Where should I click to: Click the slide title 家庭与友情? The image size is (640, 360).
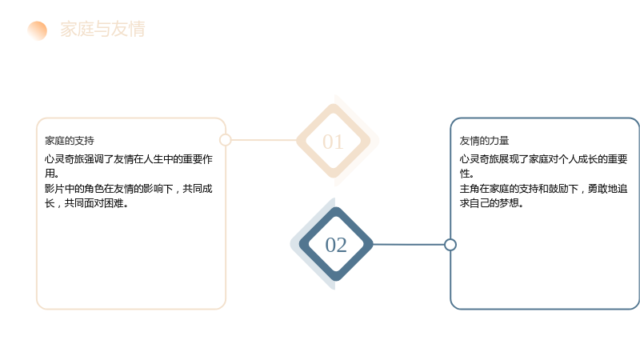point(102,29)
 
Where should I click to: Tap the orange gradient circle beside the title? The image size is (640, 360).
point(37,30)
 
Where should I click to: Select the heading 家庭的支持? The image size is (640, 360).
point(70,141)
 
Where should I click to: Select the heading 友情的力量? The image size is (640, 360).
point(484,141)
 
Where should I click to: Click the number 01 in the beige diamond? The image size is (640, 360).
point(333,142)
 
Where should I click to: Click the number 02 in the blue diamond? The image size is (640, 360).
point(336,246)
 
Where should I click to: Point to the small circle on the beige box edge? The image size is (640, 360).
point(226,140)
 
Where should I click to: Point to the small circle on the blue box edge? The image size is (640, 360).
point(450,245)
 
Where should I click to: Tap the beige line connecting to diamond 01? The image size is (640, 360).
point(264,140)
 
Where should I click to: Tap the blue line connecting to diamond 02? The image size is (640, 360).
point(409,245)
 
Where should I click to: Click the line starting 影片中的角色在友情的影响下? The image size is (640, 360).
point(129,189)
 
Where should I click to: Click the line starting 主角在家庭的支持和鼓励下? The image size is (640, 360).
point(543,189)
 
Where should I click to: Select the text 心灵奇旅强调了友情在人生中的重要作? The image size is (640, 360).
point(129,158)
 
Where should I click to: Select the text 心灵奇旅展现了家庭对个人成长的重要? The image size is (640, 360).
point(543,158)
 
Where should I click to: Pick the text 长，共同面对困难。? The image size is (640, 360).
point(86,203)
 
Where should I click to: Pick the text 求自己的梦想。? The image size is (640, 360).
point(491,203)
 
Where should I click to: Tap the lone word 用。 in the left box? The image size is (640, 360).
point(52,174)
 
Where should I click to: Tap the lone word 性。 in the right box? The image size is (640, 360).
point(466,174)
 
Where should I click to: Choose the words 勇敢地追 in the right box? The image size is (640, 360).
point(607,189)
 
